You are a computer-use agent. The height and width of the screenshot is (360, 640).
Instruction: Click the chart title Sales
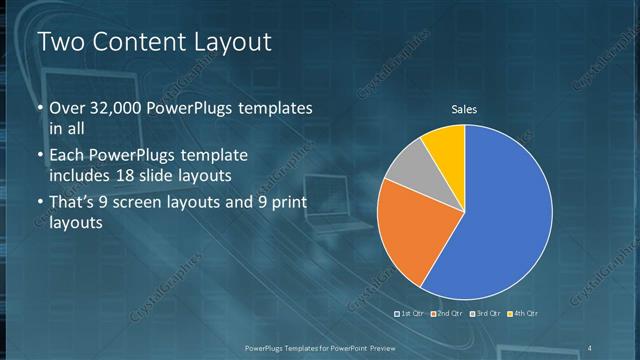464,110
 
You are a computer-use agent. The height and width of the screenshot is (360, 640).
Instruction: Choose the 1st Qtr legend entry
413,313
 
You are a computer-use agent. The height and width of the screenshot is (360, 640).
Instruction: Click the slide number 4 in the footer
590,347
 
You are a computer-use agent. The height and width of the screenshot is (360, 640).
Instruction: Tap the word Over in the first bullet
64,108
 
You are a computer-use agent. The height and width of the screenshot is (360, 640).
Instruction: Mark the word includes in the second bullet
76,176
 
